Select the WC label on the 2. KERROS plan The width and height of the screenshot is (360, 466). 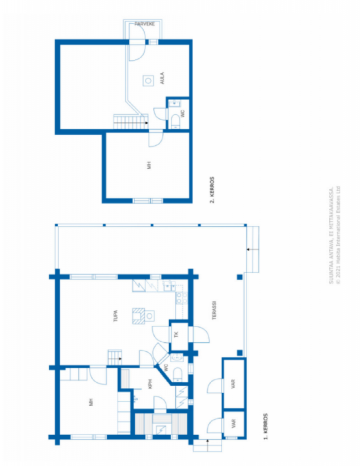[183, 114]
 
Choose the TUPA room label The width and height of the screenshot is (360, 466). [116, 316]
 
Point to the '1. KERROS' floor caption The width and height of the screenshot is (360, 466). [265, 426]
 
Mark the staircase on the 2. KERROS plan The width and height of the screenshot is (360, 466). [130, 122]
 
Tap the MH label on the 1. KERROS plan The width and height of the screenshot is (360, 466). [91, 402]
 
